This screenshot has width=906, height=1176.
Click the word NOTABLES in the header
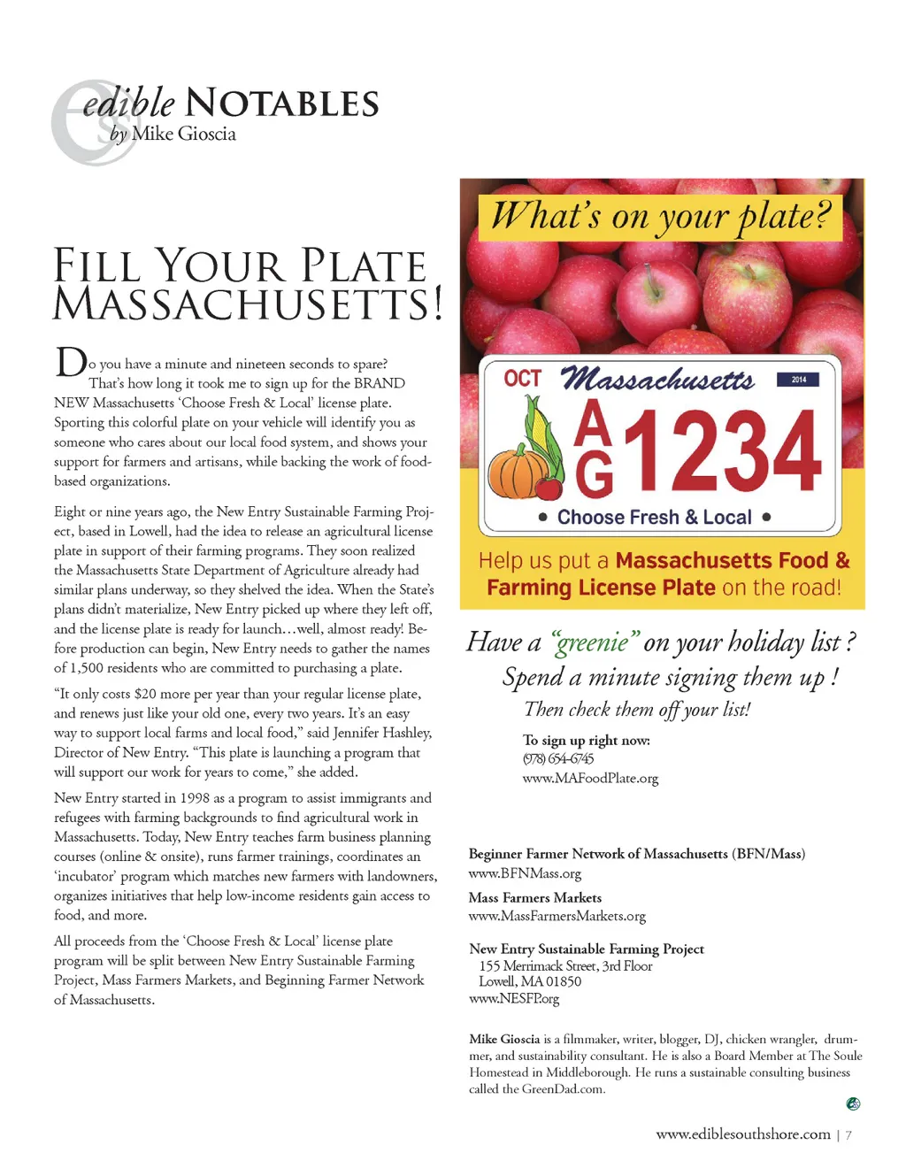pos(282,104)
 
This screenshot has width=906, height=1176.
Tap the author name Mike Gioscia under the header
pos(184,134)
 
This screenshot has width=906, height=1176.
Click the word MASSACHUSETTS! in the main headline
pos(248,304)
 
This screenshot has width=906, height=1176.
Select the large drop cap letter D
pos(71,362)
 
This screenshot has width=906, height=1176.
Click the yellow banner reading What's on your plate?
pos(660,217)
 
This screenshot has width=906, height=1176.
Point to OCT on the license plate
pos(522,379)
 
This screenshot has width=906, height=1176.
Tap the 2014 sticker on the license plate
pos(798,380)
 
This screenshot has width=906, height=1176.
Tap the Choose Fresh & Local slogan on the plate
pos(654,517)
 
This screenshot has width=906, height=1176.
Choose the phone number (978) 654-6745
pos(558,758)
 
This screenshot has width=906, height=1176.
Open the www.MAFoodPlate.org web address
pos(590,779)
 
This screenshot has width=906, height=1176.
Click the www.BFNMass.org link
pos(525,873)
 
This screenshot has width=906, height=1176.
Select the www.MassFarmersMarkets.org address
pos(557,916)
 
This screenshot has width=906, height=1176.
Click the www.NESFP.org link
pos(514,999)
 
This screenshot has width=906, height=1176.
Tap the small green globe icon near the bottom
pos(853,1103)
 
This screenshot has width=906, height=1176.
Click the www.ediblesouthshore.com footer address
pos(743,1134)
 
